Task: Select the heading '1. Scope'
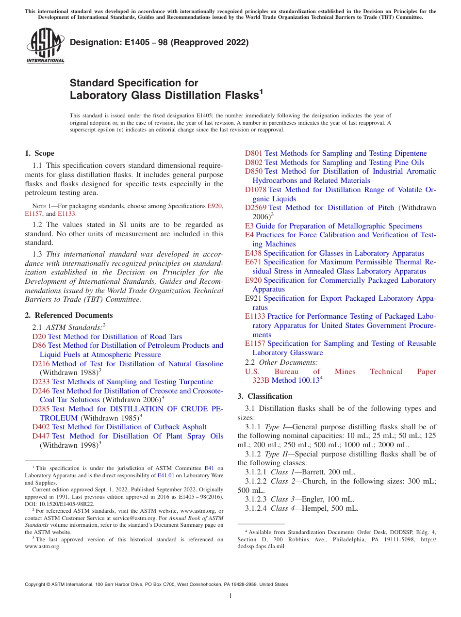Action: (40, 153)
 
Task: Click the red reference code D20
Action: (39, 337)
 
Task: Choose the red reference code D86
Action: (39, 345)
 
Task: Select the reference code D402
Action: (41, 427)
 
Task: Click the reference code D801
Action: (253, 153)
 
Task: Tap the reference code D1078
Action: (255, 190)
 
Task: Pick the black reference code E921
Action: (253, 298)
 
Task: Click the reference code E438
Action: (253, 253)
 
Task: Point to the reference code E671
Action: (253, 262)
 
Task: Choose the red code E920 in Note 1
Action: (214, 206)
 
